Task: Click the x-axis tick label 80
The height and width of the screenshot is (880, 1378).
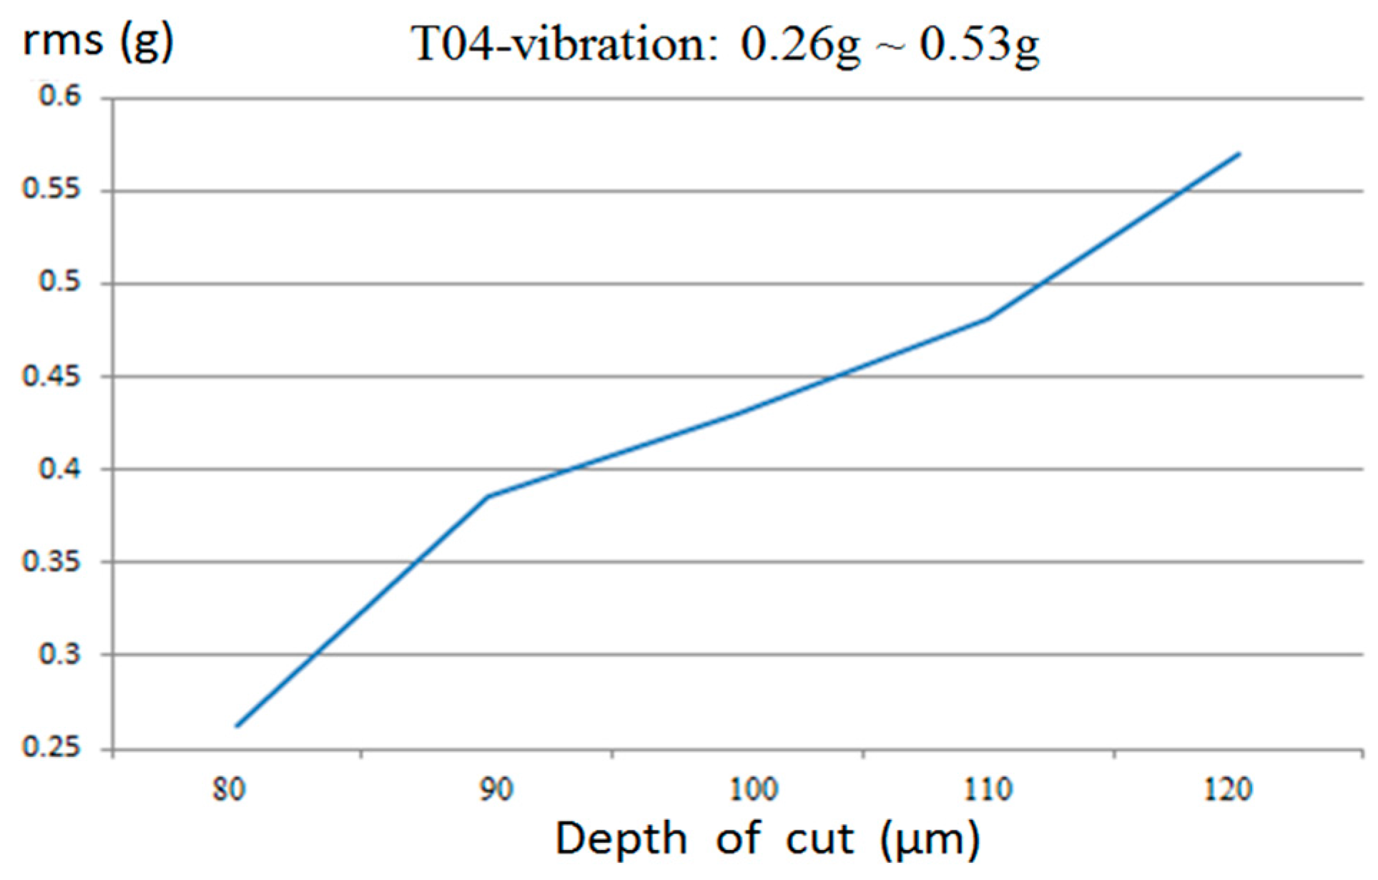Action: click(x=230, y=790)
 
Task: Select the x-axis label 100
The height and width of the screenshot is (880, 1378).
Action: click(x=753, y=790)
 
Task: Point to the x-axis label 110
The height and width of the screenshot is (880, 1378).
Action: click(x=988, y=790)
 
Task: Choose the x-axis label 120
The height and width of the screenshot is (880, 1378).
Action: click(x=1229, y=790)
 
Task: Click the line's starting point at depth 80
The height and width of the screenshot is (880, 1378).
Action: click(x=237, y=726)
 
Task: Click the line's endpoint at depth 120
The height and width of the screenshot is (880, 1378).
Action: click(x=1239, y=153)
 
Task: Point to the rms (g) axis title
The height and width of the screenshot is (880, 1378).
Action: click(x=98, y=41)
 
